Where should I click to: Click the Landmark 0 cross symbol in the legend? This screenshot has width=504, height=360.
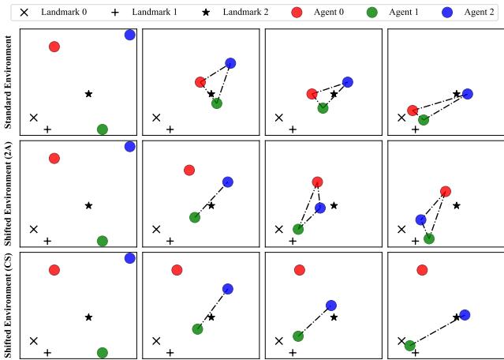click(24, 13)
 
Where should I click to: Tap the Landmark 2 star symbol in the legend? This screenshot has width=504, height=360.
click(206, 13)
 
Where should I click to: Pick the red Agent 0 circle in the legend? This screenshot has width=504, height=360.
click(297, 13)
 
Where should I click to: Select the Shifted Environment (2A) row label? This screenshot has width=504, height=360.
click(8, 193)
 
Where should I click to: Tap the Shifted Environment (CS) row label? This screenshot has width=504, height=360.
click(8, 305)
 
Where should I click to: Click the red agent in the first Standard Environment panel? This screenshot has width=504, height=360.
click(54, 47)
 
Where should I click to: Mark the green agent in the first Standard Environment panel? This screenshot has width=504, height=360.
click(102, 129)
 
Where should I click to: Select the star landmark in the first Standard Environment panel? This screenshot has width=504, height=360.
click(88, 94)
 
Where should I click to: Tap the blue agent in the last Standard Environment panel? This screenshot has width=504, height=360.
click(468, 94)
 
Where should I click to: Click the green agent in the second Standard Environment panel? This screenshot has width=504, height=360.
click(217, 103)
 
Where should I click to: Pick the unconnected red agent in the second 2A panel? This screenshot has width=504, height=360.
click(189, 171)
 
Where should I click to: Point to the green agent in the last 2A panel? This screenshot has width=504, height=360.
click(428, 238)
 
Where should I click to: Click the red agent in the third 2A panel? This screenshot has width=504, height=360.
click(317, 182)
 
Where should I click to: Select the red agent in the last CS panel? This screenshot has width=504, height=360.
click(422, 270)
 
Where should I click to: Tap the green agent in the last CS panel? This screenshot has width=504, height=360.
click(409, 346)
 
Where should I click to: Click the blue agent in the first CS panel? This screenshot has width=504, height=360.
click(130, 258)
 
